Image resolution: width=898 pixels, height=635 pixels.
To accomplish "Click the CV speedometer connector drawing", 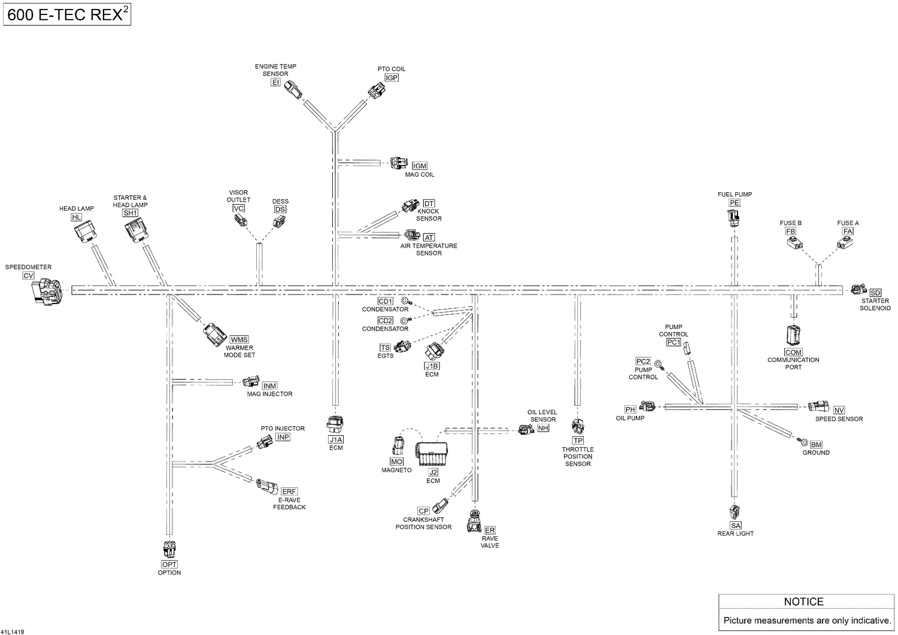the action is [47, 292].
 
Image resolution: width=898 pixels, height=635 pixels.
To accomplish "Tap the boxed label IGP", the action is [392, 78].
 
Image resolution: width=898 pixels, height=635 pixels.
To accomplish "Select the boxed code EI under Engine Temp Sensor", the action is [275, 82].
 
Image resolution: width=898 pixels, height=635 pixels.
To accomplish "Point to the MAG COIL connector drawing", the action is [399, 163].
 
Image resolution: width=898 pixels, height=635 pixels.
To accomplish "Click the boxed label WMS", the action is [239, 339].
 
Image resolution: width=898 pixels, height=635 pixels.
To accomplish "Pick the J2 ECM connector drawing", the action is [432, 454].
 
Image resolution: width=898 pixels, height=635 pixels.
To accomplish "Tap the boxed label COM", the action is [793, 353].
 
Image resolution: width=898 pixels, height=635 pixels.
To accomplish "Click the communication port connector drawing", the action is [793, 335].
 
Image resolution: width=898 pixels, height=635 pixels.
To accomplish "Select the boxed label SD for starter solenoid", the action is [875, 293].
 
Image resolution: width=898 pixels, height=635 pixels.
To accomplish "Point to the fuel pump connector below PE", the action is [733, 218].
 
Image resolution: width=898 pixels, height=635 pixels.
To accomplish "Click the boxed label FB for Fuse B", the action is [790, 231].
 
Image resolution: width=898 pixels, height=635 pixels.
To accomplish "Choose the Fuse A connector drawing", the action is [844, 243].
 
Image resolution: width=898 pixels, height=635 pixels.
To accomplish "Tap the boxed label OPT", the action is [169, 564].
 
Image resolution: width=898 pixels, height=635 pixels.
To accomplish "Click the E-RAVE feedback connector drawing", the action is [267, 487].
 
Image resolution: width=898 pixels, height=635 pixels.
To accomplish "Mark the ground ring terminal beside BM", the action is [803, 442].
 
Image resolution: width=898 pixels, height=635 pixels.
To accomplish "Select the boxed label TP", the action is [578, 440].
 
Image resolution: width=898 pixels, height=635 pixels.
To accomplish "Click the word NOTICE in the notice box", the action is [803, 601].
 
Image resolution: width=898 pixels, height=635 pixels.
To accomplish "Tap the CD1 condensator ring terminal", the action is [406, 301].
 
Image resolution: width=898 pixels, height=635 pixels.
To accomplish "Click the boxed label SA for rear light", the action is [735, 525].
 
